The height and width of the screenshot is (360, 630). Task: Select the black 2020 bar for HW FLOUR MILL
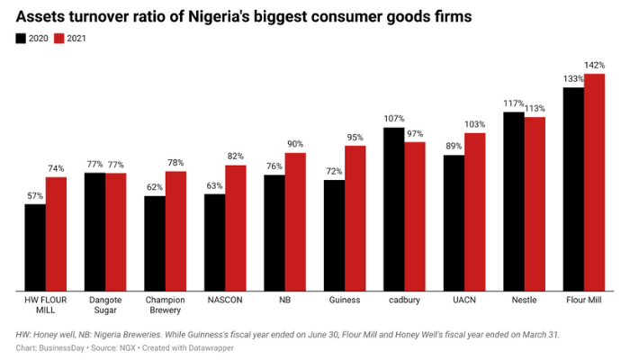pos(35,247)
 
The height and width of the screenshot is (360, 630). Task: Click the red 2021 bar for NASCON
pos(235,228)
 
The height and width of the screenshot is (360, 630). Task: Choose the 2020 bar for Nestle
pos(514,201)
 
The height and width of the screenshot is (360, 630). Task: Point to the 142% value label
pos(594,65)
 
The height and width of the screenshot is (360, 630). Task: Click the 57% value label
pos(35,195)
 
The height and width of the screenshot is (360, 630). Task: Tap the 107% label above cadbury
pos(394,119)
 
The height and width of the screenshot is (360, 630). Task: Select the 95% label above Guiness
pos(355,137)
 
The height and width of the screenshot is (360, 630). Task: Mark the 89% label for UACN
pos(454,147)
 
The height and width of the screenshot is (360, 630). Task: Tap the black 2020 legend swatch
pos(21,39)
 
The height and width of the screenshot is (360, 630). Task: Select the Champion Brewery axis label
pos(166,305)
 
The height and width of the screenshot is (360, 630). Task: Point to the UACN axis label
pos(464,300)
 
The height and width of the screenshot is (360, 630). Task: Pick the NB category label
pos(284,300)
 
